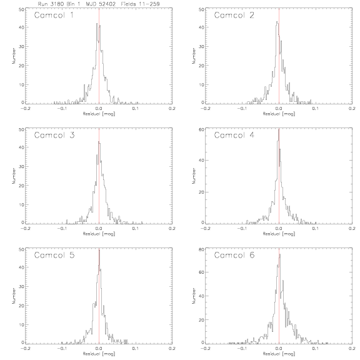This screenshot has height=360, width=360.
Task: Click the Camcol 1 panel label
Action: click(54, 15)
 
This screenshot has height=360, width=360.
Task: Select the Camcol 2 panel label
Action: click(234, 15)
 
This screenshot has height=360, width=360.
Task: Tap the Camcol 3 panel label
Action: click(54, 135)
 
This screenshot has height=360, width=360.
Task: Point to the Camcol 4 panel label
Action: click(234, 135)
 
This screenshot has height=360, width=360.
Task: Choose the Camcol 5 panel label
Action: click(54, 255)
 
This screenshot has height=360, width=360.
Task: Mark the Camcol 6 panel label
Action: click(234, 255)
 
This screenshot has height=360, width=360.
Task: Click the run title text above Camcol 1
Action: click(99, 4)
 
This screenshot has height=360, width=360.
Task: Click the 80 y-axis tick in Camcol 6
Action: click(201, 249)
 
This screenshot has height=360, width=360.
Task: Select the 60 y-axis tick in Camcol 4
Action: click(201, 129)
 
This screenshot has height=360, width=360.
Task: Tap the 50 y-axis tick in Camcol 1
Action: click(21, 9)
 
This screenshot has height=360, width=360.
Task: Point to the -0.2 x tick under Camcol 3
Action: click(25, 229)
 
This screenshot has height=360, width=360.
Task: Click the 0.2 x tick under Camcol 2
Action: click(352, 108)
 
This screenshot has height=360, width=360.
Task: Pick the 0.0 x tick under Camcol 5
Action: click(99, 348)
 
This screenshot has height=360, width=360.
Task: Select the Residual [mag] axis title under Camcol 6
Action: click(279, 354)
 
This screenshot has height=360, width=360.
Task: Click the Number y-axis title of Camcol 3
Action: click(14, 176)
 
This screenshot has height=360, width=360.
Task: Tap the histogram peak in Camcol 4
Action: click(279, 129)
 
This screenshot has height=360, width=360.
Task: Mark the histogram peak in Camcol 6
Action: click(280, 254)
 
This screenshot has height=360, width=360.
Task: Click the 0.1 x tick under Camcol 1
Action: click(136, 108)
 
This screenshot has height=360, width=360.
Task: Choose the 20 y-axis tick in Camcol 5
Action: click(21, 306)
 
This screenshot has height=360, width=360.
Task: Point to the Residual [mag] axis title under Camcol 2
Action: click(279, 114)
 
